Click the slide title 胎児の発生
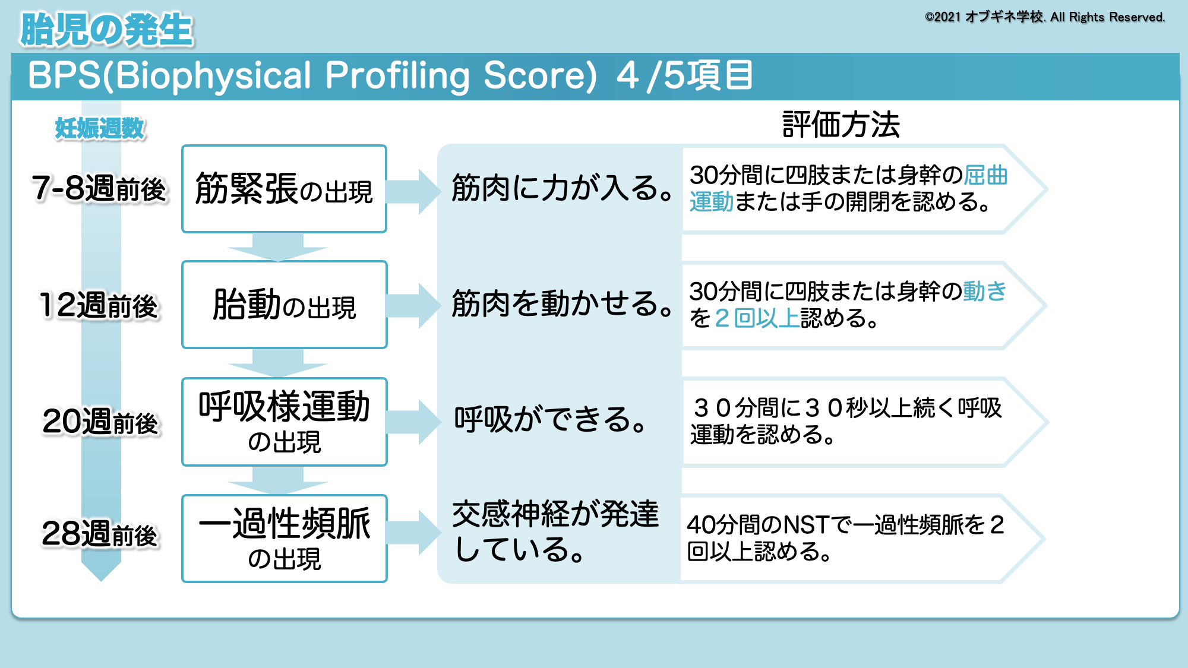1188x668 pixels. [107, 30]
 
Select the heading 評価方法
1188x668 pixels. [841, 125]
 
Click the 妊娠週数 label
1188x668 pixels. [99, 128]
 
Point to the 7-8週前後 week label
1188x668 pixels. [99, 189]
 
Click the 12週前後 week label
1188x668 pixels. [99, 305]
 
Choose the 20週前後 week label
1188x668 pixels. [100, 422]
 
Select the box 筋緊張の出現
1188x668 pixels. [284, 189]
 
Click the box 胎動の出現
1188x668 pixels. [284, 305]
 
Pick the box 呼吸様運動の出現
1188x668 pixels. [284, 422]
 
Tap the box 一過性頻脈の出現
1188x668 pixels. [284, 538]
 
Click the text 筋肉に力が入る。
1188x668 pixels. [562, 188]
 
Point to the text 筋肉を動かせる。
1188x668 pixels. [562, 303]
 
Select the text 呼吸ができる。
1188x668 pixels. [550, 419]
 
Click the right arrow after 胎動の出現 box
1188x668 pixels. [412, 305]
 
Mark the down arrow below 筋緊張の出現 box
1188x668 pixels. [278, 246]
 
